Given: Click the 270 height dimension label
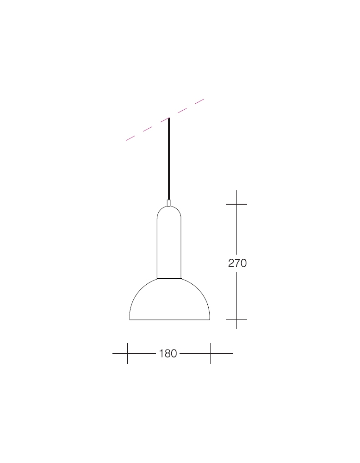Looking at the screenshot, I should coord(237,263).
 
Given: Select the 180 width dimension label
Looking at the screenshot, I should coord(168,353).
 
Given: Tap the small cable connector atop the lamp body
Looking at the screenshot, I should coord(169,203).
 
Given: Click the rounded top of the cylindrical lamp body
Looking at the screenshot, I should coord(169,211).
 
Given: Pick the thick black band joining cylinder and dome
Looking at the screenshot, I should coord(169,279).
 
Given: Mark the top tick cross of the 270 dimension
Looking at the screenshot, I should coord(237,204).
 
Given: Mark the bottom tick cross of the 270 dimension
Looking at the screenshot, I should coord(237,319).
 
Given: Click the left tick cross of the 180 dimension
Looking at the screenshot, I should coord(128,353).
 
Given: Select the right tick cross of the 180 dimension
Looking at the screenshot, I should coord(210,353).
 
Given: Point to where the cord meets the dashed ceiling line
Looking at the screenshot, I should coord(169,119).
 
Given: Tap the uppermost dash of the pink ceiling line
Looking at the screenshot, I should coord(199,101).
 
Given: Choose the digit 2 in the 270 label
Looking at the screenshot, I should coord(231,263).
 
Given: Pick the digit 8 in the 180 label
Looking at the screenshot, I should coord(168,353).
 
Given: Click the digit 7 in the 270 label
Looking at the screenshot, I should coord(237,263).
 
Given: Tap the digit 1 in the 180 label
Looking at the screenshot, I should coord(161,353).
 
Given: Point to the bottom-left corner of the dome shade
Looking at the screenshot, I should coord(130,319).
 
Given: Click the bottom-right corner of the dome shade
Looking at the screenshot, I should coord(210,319).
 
